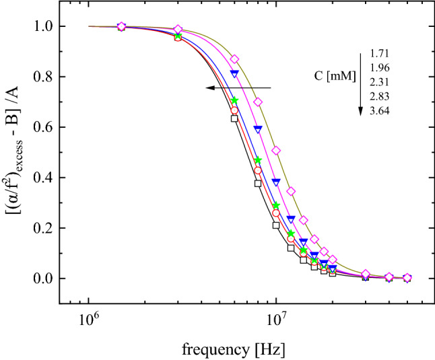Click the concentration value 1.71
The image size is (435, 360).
[379, 53]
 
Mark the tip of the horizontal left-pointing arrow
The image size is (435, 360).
[207, 87]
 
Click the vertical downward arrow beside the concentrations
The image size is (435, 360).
[362, 82]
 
